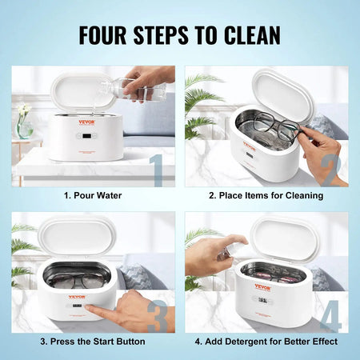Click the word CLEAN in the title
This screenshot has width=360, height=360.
point(248,35)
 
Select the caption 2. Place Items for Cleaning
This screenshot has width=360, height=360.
point(265,195)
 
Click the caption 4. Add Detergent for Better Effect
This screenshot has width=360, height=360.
point(265,342)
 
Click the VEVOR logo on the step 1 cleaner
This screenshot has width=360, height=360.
point(86,122)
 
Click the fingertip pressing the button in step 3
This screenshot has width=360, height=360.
point(90,308)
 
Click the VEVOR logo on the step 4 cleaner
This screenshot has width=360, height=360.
point(263,286)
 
